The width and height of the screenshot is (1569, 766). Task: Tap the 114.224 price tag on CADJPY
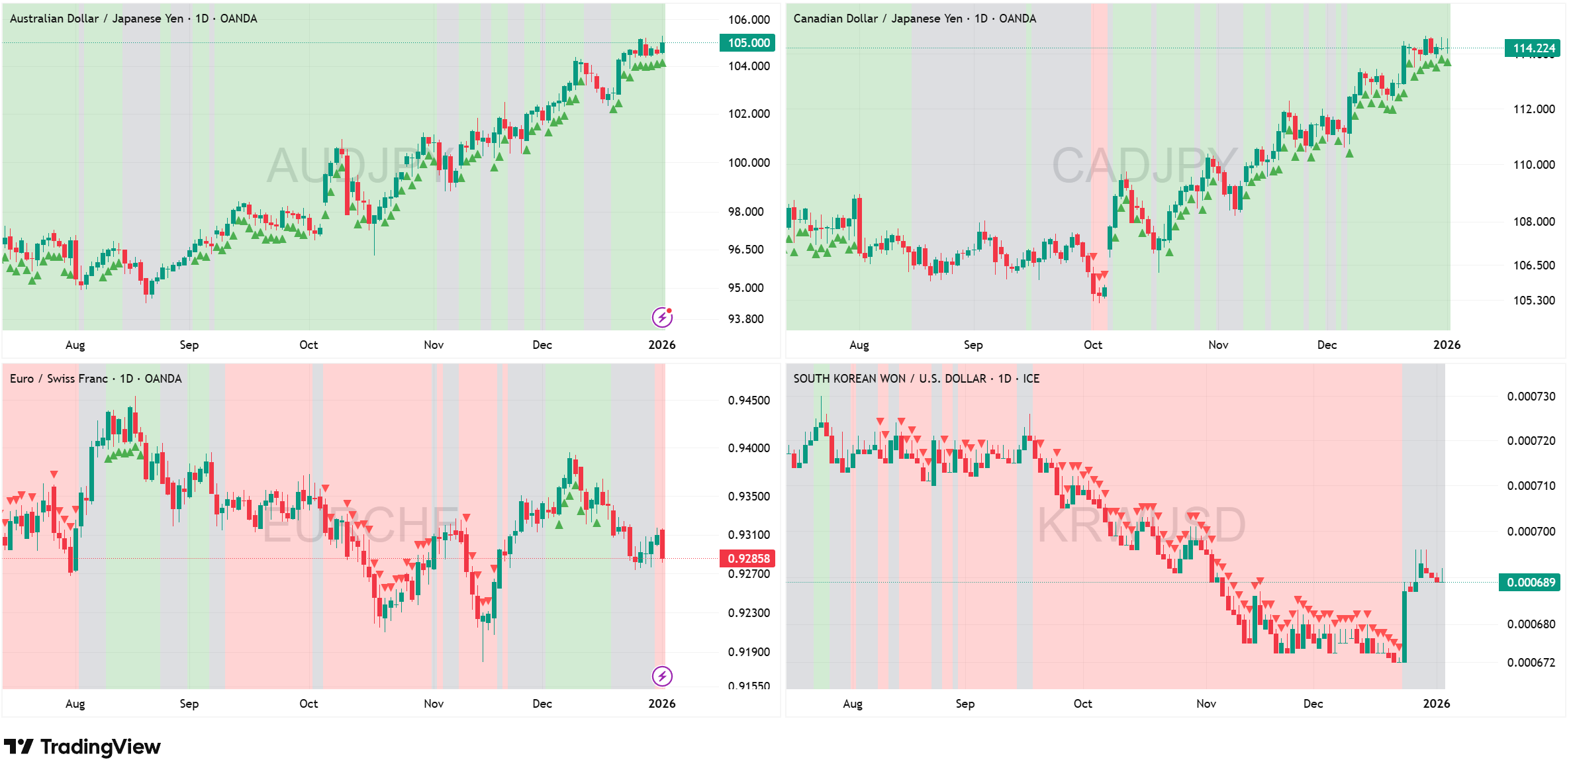(1533, 48)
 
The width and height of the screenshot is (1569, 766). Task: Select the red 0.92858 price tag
(747, 558)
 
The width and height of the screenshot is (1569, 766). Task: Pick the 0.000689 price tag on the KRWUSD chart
(1531, 583)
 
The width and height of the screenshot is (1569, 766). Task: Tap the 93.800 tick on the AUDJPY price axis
(745, 319)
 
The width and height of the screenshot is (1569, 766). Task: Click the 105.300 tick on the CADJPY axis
(1533, 301)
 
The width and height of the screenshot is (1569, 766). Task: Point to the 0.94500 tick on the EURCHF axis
(749, 401)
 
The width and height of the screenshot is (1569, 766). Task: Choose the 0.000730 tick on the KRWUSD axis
(1531, 397)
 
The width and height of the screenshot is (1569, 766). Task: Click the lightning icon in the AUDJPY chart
(662, 317)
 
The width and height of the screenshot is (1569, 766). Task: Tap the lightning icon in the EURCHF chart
(662, 676)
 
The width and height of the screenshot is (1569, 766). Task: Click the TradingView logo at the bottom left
(82, 747)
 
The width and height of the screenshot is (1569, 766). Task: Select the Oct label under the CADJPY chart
(1092, 345)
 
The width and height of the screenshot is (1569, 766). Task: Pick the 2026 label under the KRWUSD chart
(1436, 704)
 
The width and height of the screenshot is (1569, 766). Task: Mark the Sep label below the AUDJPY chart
(189, 345)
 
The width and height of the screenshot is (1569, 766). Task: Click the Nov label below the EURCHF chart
(434, 704)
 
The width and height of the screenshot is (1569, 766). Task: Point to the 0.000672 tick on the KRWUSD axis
(1531, 663)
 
